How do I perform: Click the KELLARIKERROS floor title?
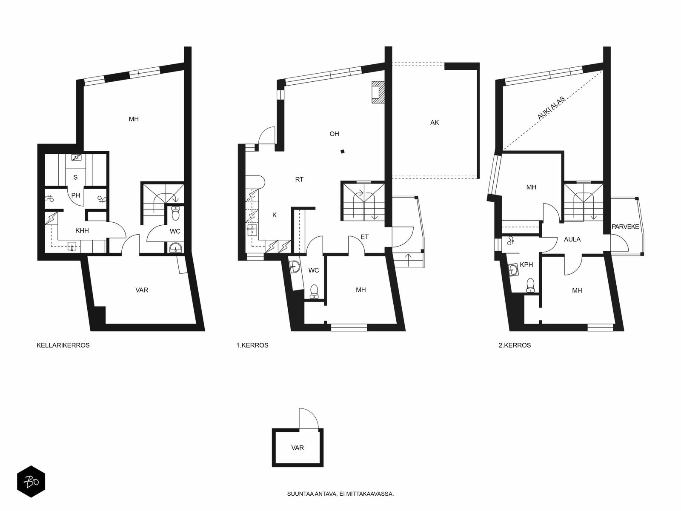63,345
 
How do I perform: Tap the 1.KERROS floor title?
252,345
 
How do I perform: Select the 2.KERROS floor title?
515,345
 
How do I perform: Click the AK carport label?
435,123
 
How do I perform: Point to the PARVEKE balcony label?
626,227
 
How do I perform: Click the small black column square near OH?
343,152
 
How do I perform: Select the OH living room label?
334,134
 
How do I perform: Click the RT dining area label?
299,179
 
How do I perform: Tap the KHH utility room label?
82,231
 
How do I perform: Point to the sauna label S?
75,178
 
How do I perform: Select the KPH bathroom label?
526,264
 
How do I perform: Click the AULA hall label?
572,239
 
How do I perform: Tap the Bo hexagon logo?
31,482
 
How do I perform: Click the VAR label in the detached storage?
298,448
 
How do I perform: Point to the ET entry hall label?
364,237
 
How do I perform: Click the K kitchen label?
275,215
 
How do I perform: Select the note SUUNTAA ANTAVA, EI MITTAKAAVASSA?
340,494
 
